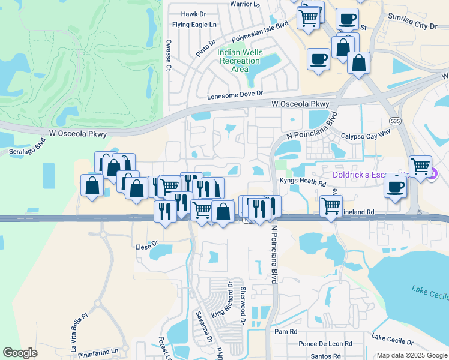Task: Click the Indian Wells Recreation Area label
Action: tap(240, 61)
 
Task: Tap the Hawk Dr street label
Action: tap(193, 14)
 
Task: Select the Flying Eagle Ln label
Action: tap(194, 25)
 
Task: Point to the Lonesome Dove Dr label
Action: tap(235, 95)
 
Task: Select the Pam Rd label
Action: tap(285, 331)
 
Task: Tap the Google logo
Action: tap(20, 352)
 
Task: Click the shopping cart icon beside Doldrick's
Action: tap(420, 166)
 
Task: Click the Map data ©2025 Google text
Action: tap(411, 355)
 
